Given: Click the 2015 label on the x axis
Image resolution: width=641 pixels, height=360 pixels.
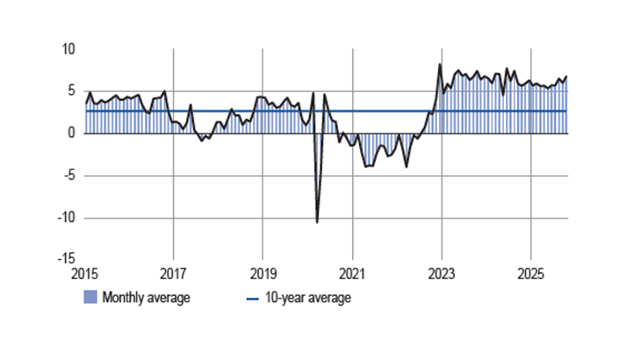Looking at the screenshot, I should click(86, 273).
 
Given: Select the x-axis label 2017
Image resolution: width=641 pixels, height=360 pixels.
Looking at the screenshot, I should click(174, 273).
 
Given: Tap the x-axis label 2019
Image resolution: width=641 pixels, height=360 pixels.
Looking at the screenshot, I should click(263, 273).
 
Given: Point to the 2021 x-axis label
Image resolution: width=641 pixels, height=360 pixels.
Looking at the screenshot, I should click(352, 273).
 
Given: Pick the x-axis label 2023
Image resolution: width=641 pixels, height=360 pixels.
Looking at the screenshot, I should click(441, 273).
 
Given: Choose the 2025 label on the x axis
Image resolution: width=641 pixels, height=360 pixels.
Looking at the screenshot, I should click(529, 273).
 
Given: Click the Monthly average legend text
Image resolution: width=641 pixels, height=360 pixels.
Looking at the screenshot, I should click(146, 298).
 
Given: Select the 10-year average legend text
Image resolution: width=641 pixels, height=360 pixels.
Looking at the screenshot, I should click(307, 298).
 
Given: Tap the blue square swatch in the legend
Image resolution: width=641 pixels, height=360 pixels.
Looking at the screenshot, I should click(90, 298).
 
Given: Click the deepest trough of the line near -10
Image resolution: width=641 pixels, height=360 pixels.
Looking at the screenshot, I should click(317, 222).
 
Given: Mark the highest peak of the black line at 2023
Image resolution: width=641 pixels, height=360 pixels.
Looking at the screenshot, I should click(440, 64).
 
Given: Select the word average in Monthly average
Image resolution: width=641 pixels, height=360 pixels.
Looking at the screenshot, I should click(169, 298).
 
